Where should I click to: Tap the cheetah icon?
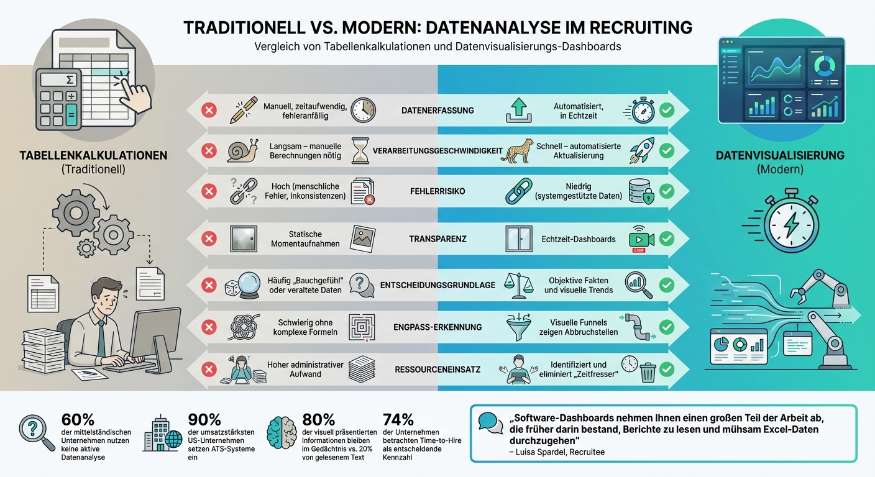(x=519, y=150)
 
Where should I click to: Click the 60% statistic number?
(x=78, y=420)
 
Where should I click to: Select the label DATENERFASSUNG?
(x=437, y=111)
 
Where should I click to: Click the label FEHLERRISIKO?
(x=437, y=191)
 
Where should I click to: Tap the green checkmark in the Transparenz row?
(x=667, y=238)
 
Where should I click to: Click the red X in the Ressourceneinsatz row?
(x=209, y=370)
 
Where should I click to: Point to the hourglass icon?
(x=360, y=150)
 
